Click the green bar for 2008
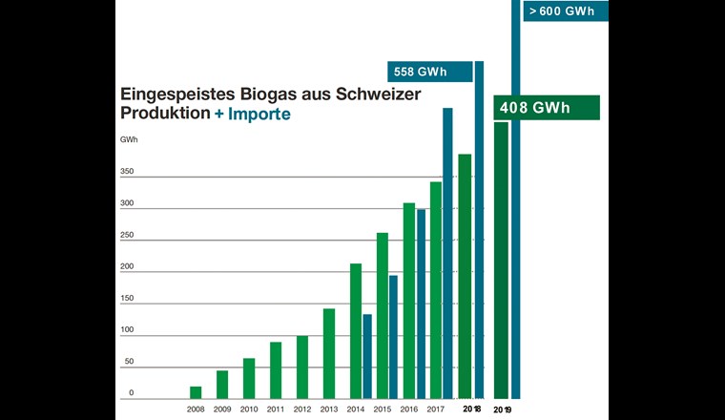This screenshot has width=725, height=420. [x=196, y=392]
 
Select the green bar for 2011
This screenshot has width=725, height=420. [x=276, y=369]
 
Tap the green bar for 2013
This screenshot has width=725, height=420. [x=329, y=353]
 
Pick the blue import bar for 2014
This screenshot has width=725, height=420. [x=367, y=356]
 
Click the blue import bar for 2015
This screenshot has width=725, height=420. [x=393, y=336]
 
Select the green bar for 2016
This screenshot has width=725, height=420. [x=408, y=300]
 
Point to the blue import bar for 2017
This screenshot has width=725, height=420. [x=447, y=253]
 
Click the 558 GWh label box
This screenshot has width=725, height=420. [x=429, y=72]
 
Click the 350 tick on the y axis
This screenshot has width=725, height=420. [x=127, y=173]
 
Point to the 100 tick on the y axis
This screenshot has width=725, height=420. [x=127, y=330]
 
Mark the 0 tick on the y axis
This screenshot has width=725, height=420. [x=132, y=393]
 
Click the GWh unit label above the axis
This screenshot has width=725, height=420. [x=129, y=140]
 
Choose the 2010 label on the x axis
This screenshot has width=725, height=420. [x=249, y=409]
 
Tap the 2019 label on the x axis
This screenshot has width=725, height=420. [x=503, y=409]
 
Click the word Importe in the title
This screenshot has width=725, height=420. [x=259, y=114]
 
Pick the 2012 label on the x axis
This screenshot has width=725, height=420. [x=302, y=409]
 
